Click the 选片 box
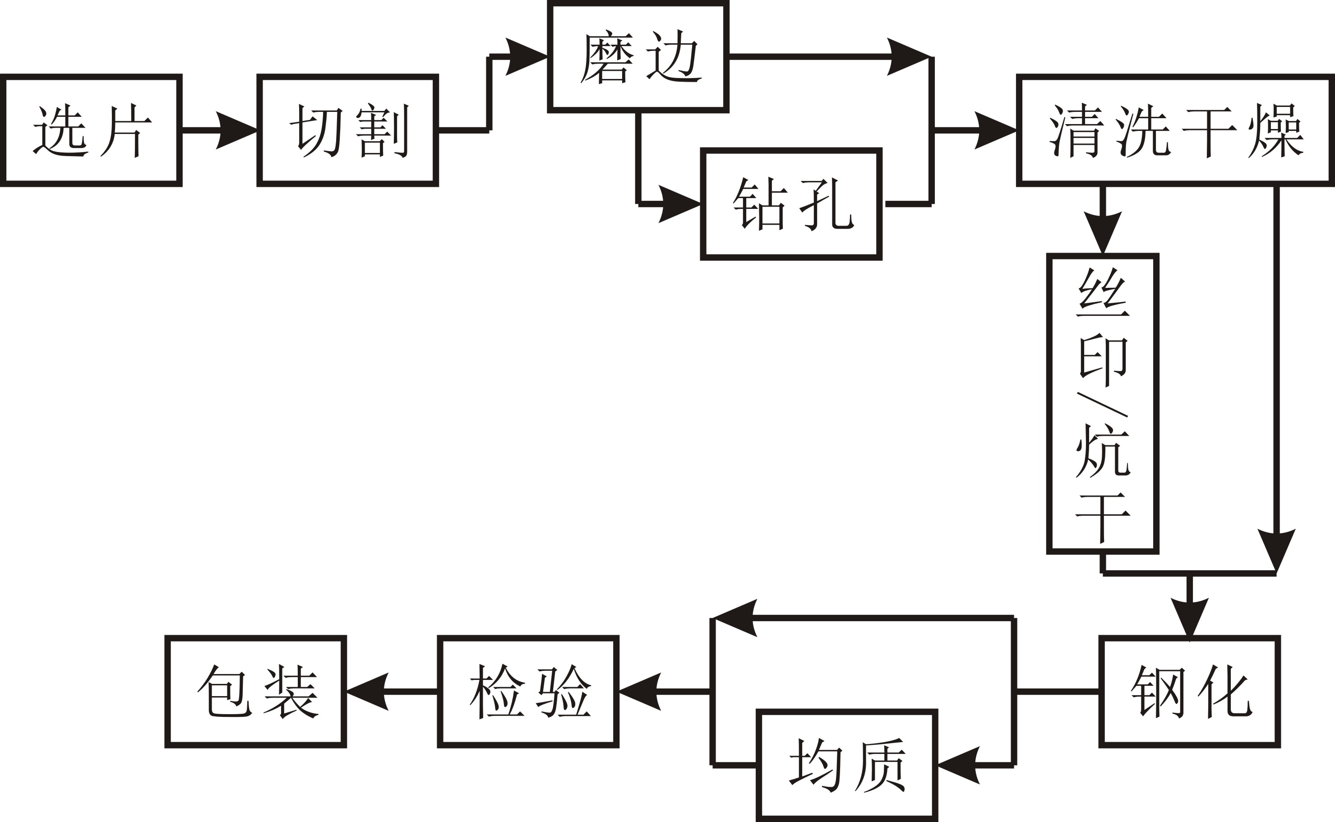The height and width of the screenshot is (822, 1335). pyautogui.click(x=91, y=130)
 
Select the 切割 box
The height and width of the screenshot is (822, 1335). pyautogui.click(x=348, y=130)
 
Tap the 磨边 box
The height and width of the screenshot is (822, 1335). pyautogui.click(x=638, y=56)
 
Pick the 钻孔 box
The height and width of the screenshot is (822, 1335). pyautogui.click(x=791, y=204)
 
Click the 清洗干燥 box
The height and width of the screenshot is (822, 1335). pyautogui.click(x=1176, y=130)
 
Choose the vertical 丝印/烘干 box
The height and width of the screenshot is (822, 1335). pyautogui.click(x=1103, y=403)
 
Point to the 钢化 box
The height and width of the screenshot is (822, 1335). pyautogui.click(x=1190, y=692)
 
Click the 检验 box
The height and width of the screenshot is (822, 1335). pyautogui.click(x=528, y=692)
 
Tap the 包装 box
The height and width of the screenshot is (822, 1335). pyautogui.click(x=256, y=692)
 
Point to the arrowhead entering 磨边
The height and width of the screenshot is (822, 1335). pyautogui.click(x=525, y=56)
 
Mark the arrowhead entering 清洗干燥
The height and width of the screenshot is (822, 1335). pyautogui.click(x=994, y=130)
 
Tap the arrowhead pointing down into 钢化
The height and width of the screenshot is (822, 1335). pyautogui.click(x=1190, y=617)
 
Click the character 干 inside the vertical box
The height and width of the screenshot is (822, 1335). pyautogui.click(x=1103, y=515)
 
